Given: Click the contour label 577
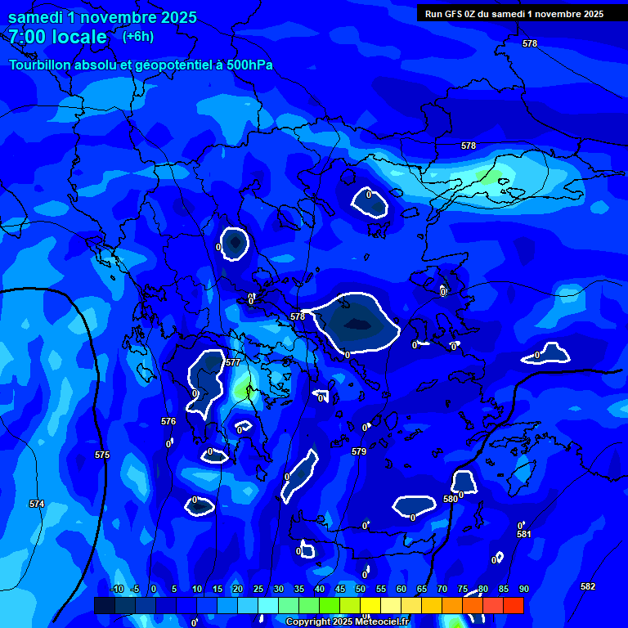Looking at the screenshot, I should [233, 362].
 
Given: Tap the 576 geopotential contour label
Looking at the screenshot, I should [168, 422].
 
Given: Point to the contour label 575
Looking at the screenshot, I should [102, 455].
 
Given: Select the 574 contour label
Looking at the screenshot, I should [37, 504].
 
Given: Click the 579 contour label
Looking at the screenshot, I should [359, 451].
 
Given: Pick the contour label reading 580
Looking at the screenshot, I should [451, 499].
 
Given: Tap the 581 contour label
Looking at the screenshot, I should [524, 534].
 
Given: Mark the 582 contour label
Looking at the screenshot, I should [588, 586].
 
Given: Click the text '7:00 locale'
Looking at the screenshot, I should [57, 37].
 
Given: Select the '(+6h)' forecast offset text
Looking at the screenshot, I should [137, 36].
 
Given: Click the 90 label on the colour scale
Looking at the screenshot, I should [523, 589].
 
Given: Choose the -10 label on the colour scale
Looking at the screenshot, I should [117, 589].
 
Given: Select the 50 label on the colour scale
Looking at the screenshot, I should [361, 589].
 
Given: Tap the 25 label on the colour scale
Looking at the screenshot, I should [258, 589].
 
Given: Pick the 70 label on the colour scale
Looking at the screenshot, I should [442, 589].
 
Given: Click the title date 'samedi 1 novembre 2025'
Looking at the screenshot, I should [102, 17].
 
